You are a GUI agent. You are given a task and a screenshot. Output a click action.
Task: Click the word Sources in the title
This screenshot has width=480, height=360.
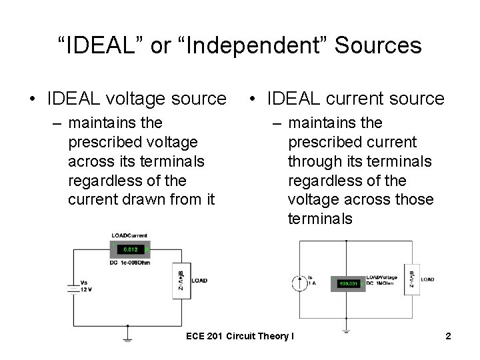(x=378, y=45)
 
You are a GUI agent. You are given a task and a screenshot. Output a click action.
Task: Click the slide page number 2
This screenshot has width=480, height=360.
(x=448, y=336)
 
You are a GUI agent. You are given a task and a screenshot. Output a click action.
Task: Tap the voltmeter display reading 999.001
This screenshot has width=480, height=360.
(x=349, y=283)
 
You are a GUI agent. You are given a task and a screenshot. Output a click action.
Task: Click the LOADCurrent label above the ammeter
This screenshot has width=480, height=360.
(x=129, y=235)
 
